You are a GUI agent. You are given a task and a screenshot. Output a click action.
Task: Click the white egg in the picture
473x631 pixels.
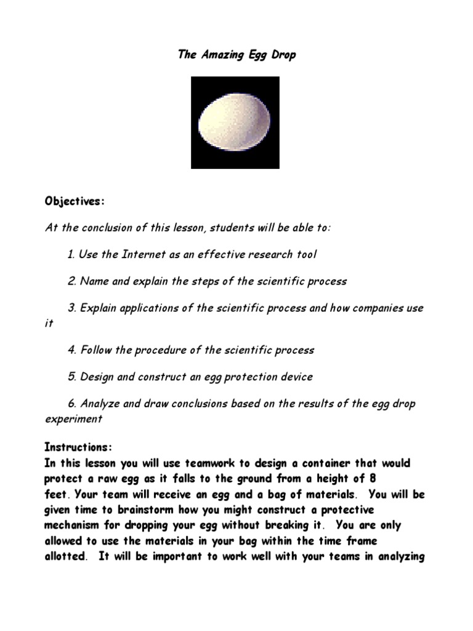235,123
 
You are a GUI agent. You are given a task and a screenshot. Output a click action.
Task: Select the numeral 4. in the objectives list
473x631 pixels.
71,350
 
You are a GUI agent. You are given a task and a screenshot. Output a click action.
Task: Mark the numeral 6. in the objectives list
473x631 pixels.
71,404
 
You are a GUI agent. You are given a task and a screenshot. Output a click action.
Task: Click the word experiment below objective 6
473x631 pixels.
74,419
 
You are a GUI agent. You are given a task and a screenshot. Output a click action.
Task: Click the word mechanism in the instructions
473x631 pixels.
75,526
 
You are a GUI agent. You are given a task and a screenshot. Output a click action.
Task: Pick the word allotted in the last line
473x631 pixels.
64,557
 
